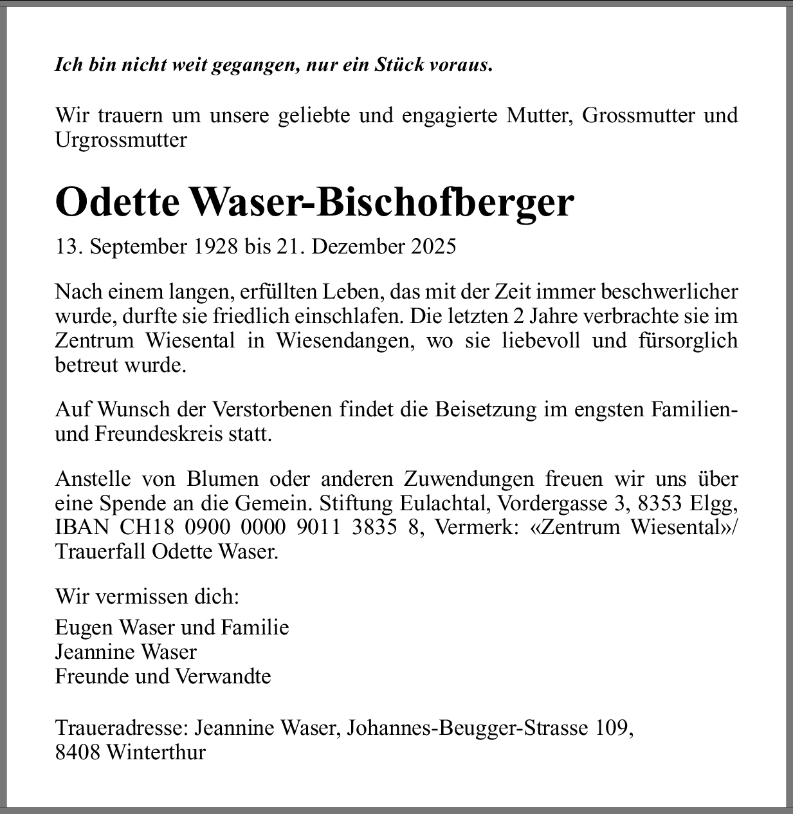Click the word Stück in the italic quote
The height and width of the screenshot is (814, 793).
coord(398,65)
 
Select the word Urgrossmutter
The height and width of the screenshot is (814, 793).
coord(121,140)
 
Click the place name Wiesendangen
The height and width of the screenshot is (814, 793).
coord(343,340)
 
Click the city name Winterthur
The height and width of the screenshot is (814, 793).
coord(156,752)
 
